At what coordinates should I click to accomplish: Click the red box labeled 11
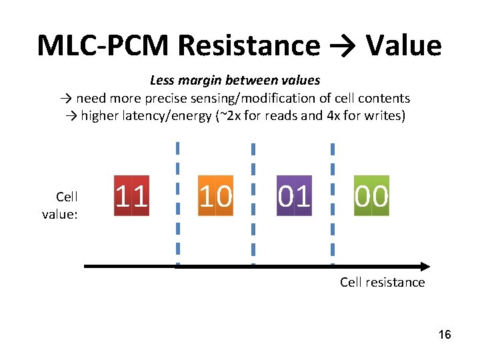[x=131, y=196]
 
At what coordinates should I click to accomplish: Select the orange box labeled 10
[x=216, y=196]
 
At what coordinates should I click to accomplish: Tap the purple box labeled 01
[x=294, y=196]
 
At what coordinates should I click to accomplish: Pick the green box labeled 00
[x=371, y=196]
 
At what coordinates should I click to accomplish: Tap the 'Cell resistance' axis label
[x=382, y=282]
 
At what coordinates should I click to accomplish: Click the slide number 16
[x=445, y=334]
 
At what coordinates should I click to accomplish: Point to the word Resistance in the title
[x=249, y=45]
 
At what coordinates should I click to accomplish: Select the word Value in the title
[x=403, y=45]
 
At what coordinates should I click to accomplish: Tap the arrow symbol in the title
[x=342, y=45]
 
